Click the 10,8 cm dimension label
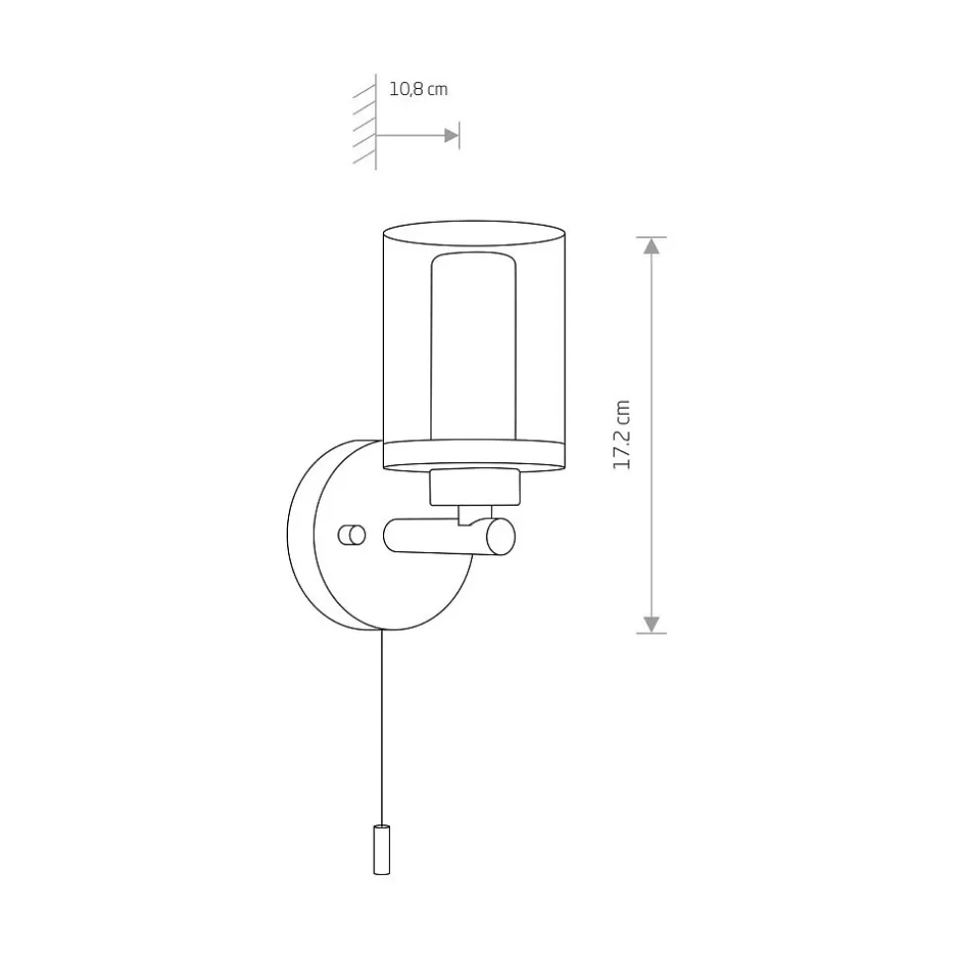click(419, 89)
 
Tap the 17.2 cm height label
click(622, 434)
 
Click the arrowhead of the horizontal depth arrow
click(452, 136)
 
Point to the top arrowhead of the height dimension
click(651, 245)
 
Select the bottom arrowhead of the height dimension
click(651, 625)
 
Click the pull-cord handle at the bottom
click(381, 849)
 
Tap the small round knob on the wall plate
click(352, 535)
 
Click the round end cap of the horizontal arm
click(501, 536)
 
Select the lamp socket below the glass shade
click(474, 487)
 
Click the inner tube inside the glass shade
click(473, 345)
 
